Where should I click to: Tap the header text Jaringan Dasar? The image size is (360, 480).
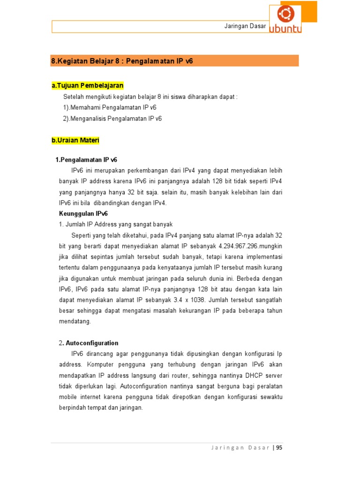click(x=245, y=26)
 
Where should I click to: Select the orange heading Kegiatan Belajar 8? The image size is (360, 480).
click(x=122, y=61)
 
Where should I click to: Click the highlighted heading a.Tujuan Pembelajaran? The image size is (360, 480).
click(x=88, y=85)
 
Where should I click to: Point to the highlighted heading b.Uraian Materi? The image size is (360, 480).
click(x=75, y=140)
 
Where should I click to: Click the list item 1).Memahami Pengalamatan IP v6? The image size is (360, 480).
click(x=110, y=107)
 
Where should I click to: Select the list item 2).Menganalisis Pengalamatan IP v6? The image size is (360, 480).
click(x=112, y=119)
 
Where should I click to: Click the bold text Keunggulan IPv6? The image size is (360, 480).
click(x=83, y=213)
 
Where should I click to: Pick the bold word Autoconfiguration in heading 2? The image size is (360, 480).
click(x=92, y=343)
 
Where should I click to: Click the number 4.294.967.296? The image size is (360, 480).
click(x=239, y=246)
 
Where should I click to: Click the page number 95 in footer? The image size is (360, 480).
click(x=279, y=448)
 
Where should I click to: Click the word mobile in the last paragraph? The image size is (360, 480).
click(x=67, y=397)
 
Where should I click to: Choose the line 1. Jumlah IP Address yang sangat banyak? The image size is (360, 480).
click(x=116, y=224)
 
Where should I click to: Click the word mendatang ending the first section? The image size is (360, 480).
click(x=75, y=322)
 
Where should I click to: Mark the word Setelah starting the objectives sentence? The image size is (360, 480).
click(x=74, y=97)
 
